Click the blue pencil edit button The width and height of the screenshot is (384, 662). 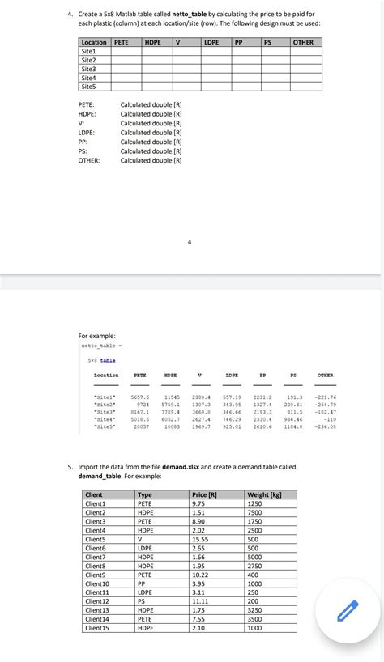[348, 613]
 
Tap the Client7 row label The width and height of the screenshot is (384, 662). [95, 557]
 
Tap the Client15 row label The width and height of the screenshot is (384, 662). [96, 628]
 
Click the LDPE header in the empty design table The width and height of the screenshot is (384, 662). [213, 42]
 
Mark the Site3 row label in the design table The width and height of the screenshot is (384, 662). [88, 69]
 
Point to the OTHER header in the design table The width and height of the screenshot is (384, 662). [303, 42]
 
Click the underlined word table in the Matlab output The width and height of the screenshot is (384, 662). [108, 360]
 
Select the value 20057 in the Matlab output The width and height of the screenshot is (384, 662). [140, 426]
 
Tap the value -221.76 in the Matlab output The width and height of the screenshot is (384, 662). [326, 397]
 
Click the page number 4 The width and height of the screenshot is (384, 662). [190, 241]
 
